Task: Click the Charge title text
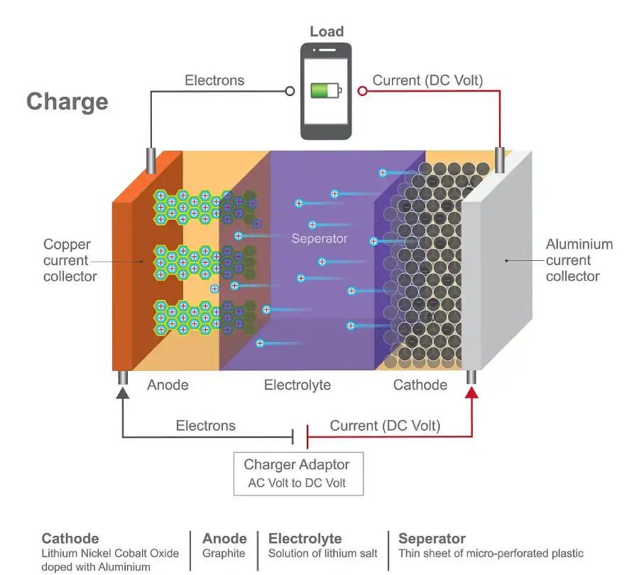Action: pos(67,102)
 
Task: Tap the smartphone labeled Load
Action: pos(326,91)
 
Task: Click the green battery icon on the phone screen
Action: pos(325,90)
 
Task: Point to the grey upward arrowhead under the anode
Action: pos(123,392)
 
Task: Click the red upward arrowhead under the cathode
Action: pos(471,392)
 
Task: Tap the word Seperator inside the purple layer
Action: pos(319,239)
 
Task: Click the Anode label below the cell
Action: pos(168,385)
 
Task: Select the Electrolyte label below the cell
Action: pos(297,385)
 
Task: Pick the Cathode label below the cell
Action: pos(420,385)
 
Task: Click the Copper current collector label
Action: pos(70,260)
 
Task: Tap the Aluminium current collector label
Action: pos(579,260)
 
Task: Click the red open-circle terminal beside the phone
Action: pos(362,91)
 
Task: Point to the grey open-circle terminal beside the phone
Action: pos(290,91)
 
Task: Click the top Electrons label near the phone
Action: pos(214,80)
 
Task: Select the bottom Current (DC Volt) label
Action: pos(385,426)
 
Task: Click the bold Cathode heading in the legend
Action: pos(70,538)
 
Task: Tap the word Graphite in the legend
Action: pos(224,553)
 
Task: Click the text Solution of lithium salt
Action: pos(323,553)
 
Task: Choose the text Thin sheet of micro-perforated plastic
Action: pos(491,553)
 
